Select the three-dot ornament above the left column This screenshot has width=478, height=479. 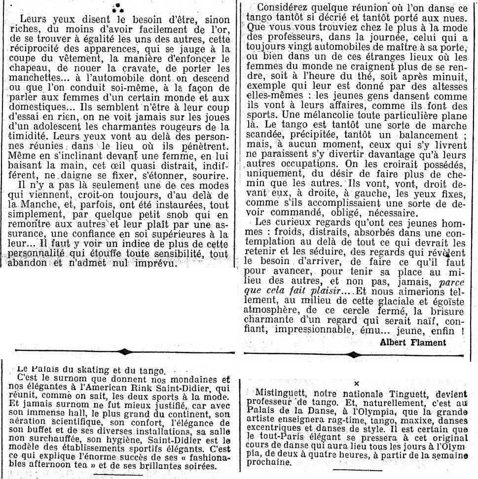(117, 6)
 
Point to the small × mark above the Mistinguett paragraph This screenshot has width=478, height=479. (356, 383)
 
